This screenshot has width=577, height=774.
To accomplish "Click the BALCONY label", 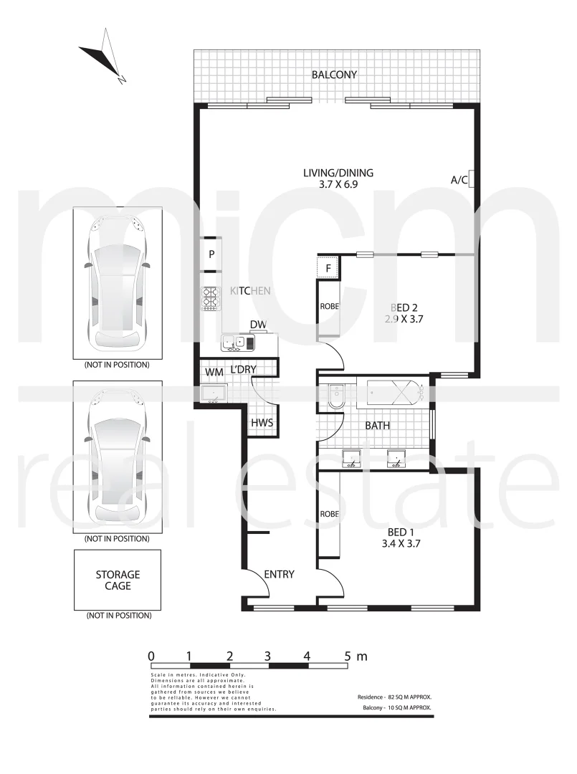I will pyautogui.click(x=334, y=75).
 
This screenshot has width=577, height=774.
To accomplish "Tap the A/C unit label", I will pyautogui.click(x=459, y=180).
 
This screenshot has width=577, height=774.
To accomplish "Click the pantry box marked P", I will pyautogui.click(x=211, y=254).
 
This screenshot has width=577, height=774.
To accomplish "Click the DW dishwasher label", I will pyautogui.click(x=258, y=325).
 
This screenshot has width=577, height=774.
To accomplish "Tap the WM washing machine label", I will pyautogui.click(x=214, y=372).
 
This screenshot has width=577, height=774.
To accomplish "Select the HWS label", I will pyautogui.click(x=261, y=423).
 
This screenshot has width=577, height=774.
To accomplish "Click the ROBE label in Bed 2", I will pyautogui.click(x=329, y=307).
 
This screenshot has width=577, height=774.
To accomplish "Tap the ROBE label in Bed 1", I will pyautogui.click(x=329, y=515).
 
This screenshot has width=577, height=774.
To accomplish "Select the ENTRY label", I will pyautogui.click(x=279, y=575).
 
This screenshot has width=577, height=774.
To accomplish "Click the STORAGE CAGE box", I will pyautogui.click(x=118, y=580).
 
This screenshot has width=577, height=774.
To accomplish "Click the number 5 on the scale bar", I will pyautogui.click(x=348, y=656).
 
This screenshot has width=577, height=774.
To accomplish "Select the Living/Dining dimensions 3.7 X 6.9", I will pyautogui.click(x=338, y=184).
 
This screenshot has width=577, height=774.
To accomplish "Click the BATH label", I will pyautogui.click(x=378, y=426).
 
